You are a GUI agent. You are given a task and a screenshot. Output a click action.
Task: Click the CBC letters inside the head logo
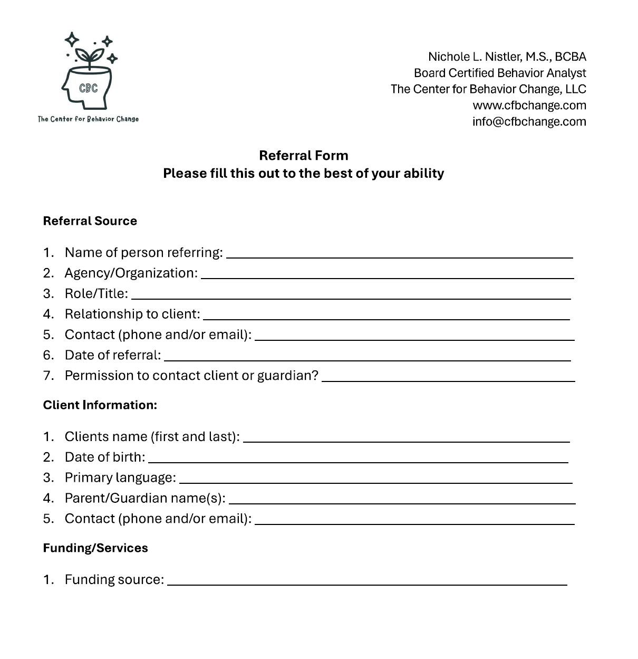point(88,88)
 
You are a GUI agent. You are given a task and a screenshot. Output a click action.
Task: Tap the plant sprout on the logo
point(89,56)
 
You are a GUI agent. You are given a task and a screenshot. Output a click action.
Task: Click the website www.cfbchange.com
point(529,105)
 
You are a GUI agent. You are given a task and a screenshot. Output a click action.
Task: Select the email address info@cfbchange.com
point(529,121)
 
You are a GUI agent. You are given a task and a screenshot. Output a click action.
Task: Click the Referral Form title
point(303,155)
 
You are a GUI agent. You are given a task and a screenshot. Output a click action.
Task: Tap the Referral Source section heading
point(90,221)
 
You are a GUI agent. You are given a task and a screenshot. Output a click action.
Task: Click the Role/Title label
point(96,293)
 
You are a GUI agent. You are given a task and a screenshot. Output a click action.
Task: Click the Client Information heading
point(100,405)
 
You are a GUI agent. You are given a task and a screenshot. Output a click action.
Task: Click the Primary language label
point(120,477)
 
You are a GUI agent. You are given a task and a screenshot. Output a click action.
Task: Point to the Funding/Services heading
point(95,548)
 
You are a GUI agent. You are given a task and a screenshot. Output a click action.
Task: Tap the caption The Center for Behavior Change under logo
point(88,119)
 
